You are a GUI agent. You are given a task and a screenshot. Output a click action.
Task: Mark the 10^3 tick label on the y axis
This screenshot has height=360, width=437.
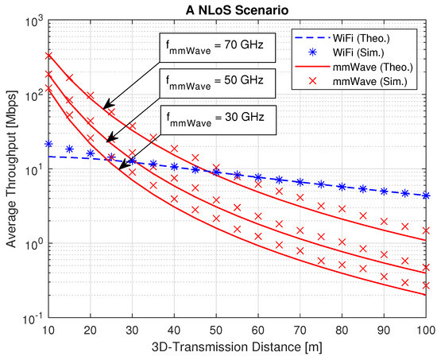point(33,21)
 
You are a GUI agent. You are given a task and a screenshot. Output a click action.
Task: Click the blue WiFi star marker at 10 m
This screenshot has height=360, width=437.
point(48,144)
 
